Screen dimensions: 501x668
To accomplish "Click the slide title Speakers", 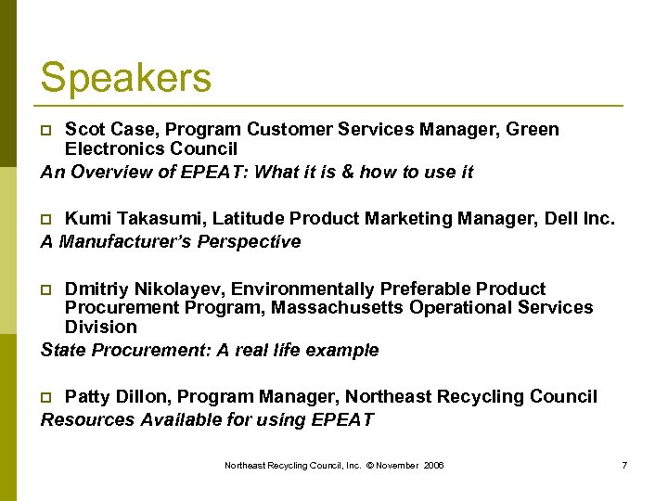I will (x=125, y=77).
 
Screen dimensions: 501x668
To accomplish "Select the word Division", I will (x=100, y=327).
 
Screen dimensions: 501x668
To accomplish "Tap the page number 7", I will (x=623, y=465).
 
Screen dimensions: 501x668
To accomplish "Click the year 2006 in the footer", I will (x=433, y=465).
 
